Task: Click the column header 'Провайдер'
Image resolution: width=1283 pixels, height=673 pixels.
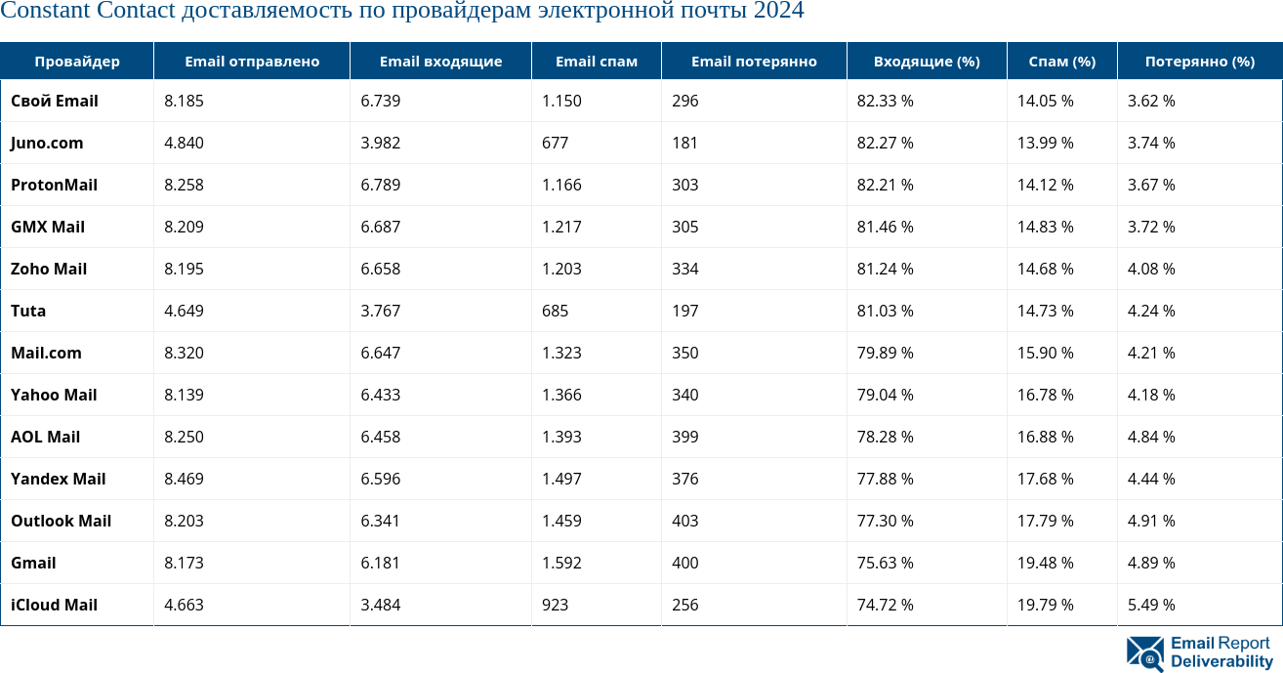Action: tap(77, 61)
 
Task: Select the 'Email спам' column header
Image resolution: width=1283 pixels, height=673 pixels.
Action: tap(596, 61)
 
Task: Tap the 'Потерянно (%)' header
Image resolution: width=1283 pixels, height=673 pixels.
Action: tap(1199, 61)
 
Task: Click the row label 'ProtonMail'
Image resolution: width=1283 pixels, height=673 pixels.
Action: tap(54, 185)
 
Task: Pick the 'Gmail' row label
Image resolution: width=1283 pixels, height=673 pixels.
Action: tap(33, 563)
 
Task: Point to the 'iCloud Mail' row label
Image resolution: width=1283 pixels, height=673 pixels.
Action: tap(54, 605)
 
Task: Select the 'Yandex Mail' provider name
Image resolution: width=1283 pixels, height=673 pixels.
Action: tap(58, 479)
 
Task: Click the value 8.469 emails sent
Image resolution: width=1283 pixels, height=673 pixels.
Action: tap(184, 479)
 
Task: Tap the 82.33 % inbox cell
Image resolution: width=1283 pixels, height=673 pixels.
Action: tap(885, 101)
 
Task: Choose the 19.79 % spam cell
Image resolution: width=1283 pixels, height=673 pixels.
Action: tap(1045, 605)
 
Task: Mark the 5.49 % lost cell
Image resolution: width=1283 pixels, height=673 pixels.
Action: tap(1151, 605)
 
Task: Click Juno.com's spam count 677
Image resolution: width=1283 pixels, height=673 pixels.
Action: tap(555, 143)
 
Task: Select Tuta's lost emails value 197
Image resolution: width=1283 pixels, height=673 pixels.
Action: tap(685, 311)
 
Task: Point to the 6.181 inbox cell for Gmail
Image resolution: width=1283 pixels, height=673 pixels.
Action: tap(380, 563)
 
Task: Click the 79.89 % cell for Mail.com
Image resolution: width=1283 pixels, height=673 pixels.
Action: tap(885, 353)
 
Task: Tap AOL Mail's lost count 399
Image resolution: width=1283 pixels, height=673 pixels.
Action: tap(685, 437)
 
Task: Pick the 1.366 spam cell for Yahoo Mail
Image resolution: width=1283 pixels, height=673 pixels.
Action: tap(561, 395)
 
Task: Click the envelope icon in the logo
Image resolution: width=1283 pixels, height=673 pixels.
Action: tap(1144, 653)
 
